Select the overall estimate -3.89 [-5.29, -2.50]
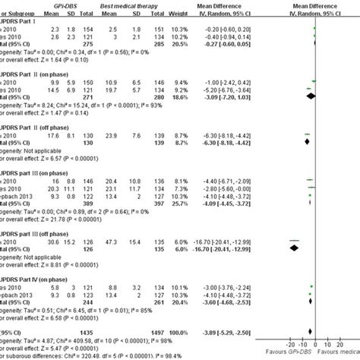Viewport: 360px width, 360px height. point(236,332)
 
